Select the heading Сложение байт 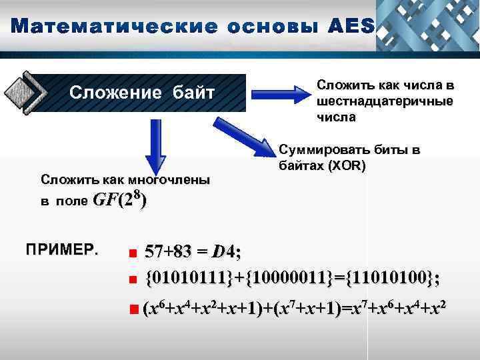(143, 91)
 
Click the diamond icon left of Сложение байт (24, 92)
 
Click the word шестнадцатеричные (385, 101)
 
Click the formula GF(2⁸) (120, 199)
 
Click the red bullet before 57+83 (133, 253)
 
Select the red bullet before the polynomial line (134, 309)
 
